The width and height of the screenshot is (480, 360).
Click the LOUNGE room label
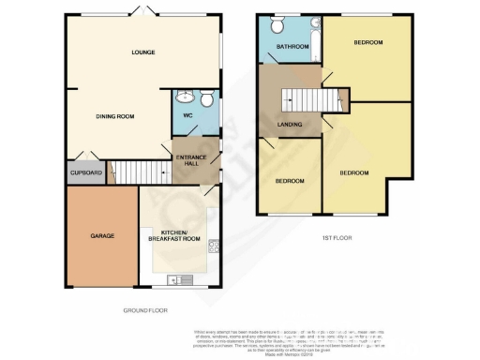click(142, 52)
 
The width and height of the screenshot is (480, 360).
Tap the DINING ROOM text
click(116, 116)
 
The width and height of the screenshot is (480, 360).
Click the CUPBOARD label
click(84, 172)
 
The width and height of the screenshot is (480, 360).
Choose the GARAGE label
click(101, 235)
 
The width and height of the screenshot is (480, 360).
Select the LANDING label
click(288, 124)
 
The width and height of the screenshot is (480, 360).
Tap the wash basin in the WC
click(185, 96)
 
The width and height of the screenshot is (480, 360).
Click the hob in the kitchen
click(215, 248)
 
